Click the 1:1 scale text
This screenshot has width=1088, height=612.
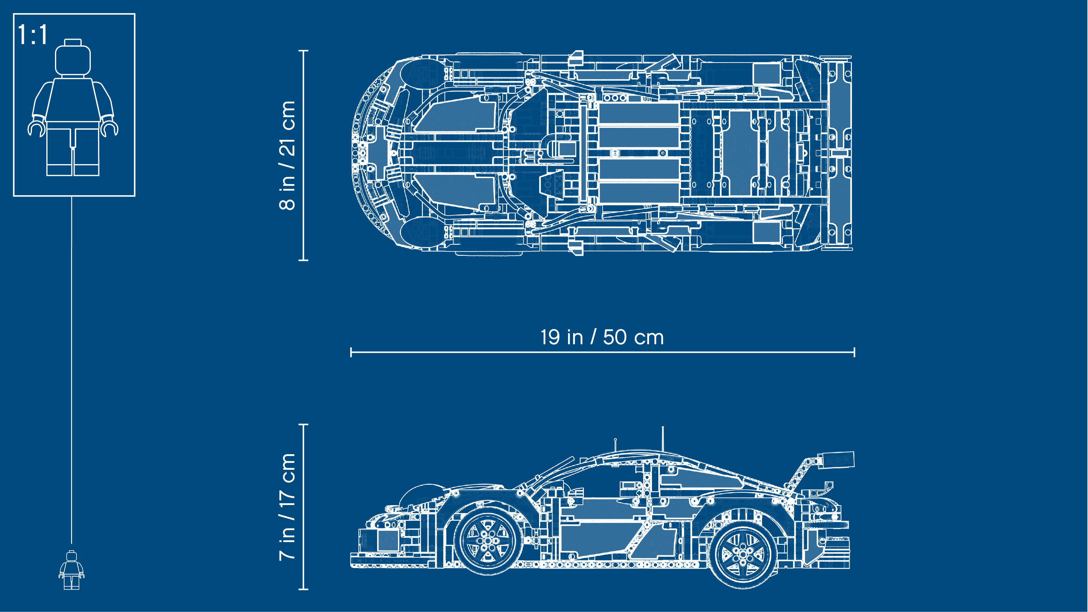[x=33, y=35]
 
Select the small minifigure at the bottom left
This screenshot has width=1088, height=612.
[x=71, y=570]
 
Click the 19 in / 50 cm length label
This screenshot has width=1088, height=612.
[x=602, y=337]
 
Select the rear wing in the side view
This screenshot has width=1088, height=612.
[x=835, y=460]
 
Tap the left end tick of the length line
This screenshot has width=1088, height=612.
[x=351, y=352]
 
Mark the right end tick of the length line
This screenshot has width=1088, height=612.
[x=854, y=352]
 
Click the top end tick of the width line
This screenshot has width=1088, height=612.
[x=303, y=51]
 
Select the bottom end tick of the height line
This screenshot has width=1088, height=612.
[x=303, y=588]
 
